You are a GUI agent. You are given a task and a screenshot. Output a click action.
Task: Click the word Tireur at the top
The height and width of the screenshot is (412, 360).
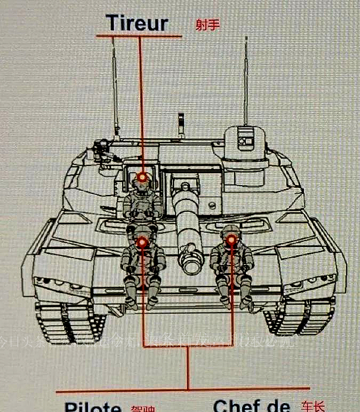(137, 23)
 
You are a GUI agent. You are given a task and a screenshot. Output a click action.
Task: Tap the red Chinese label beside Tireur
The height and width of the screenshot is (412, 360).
(207, 25)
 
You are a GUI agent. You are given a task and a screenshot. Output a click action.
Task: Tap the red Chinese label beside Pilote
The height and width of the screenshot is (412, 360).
(142, 409)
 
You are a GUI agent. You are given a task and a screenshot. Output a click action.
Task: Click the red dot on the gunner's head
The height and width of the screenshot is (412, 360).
(142, 177)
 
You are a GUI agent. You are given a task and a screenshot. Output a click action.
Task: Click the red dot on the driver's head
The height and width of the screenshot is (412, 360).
(142, 243)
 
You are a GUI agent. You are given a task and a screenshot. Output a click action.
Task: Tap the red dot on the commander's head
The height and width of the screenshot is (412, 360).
(231, 240)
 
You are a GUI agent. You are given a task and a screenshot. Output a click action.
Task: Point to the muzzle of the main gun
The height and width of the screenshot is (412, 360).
(190, 261)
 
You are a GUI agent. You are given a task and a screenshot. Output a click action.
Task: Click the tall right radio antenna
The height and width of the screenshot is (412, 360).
(246, 80)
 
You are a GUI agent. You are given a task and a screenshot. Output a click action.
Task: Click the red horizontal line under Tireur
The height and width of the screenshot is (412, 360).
(139, 36)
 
